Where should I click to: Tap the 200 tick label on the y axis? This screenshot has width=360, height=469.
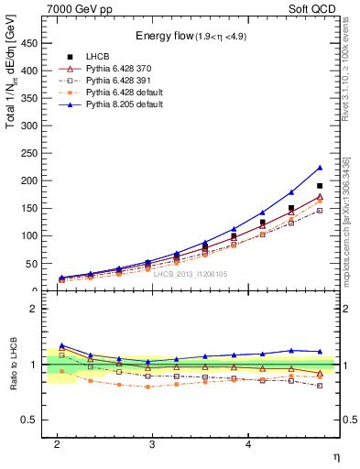click(x=33, y=180)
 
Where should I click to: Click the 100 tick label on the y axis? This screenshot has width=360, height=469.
click(x=33, y=235)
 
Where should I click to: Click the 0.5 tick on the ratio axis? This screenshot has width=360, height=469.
click(x=33, y=420)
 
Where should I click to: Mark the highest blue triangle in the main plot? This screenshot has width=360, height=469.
click(x=320, y=168)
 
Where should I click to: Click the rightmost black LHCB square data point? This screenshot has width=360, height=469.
click(x=320, y=186)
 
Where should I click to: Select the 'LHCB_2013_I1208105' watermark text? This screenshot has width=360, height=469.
click(x=191, y=274)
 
